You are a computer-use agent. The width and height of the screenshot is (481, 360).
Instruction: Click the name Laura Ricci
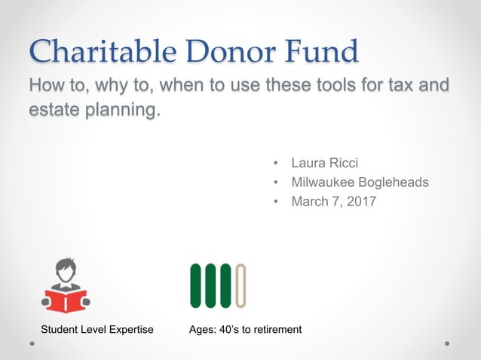coord(324,162)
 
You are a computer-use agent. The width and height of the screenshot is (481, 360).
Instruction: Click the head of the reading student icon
coord(66,269)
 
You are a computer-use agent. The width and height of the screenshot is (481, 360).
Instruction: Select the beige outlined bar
coord(240,285)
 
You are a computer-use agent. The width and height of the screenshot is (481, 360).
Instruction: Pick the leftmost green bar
coord(195,285)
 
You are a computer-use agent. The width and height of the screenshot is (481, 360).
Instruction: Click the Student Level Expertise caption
coord(97,329)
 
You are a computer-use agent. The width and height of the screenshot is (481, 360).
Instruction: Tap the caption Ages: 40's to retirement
coord(246,329)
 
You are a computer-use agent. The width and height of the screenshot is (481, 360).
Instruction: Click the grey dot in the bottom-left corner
coord(33,343)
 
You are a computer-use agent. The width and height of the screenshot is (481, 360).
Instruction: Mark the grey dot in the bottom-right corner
coord(447,343)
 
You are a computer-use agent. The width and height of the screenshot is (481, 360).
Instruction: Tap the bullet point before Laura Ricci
coord(277,162)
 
